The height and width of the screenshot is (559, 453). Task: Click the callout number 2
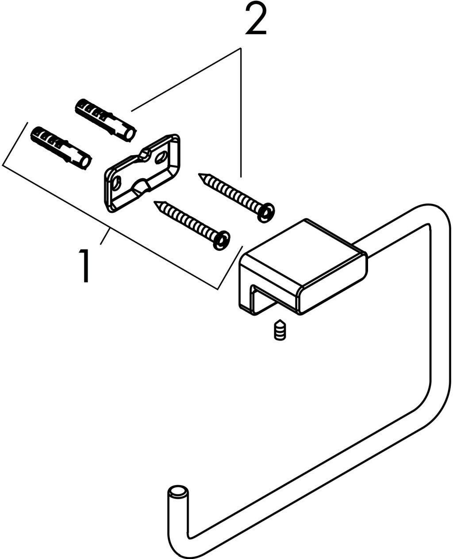coord(256,19)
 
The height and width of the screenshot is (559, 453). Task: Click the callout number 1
coord(84,266)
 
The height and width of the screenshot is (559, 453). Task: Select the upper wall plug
coord(106,120)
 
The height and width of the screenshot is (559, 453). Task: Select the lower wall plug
coord(61,148)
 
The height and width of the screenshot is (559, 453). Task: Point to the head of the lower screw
coord(221,240)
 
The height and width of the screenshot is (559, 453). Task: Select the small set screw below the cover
coord(280,330)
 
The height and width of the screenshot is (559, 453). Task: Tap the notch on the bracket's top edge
coord(145,153)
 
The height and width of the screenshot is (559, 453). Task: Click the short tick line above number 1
coord(105,237)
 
